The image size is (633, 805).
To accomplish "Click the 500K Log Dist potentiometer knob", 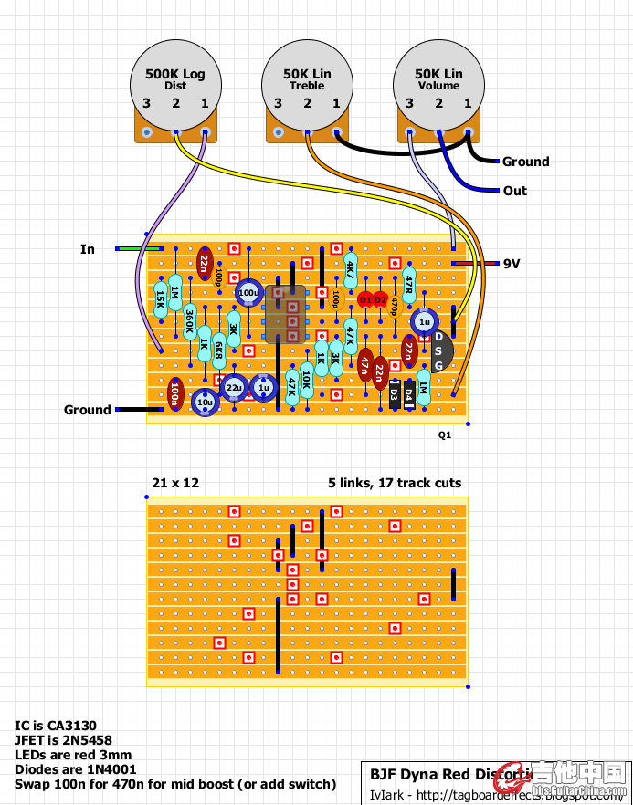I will click(x=175, y=79).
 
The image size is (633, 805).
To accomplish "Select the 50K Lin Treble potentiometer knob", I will click(x=307, y=79).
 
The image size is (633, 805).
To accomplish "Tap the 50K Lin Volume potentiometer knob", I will click(x=438, y=79).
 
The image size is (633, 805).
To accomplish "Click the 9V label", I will click(x=512, y=264).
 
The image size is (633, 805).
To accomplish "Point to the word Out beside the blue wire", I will click(x=515, y=191).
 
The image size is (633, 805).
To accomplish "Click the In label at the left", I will click(x=88, y=249).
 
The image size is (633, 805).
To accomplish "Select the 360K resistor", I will click(x=190, y=323).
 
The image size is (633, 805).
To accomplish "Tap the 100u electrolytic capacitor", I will click(x=248, y=293).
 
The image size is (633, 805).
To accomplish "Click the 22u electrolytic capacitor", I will click(x=235, y=388).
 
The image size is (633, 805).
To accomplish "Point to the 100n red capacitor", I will click(x=175, y=395).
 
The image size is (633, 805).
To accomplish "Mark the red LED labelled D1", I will click(x=365, y=298).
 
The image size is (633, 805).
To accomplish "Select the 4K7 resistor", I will click(x=351, y=271).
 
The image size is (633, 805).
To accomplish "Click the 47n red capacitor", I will click(x=365, y=367).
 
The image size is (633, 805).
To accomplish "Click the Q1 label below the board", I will click(x=445, y=435).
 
